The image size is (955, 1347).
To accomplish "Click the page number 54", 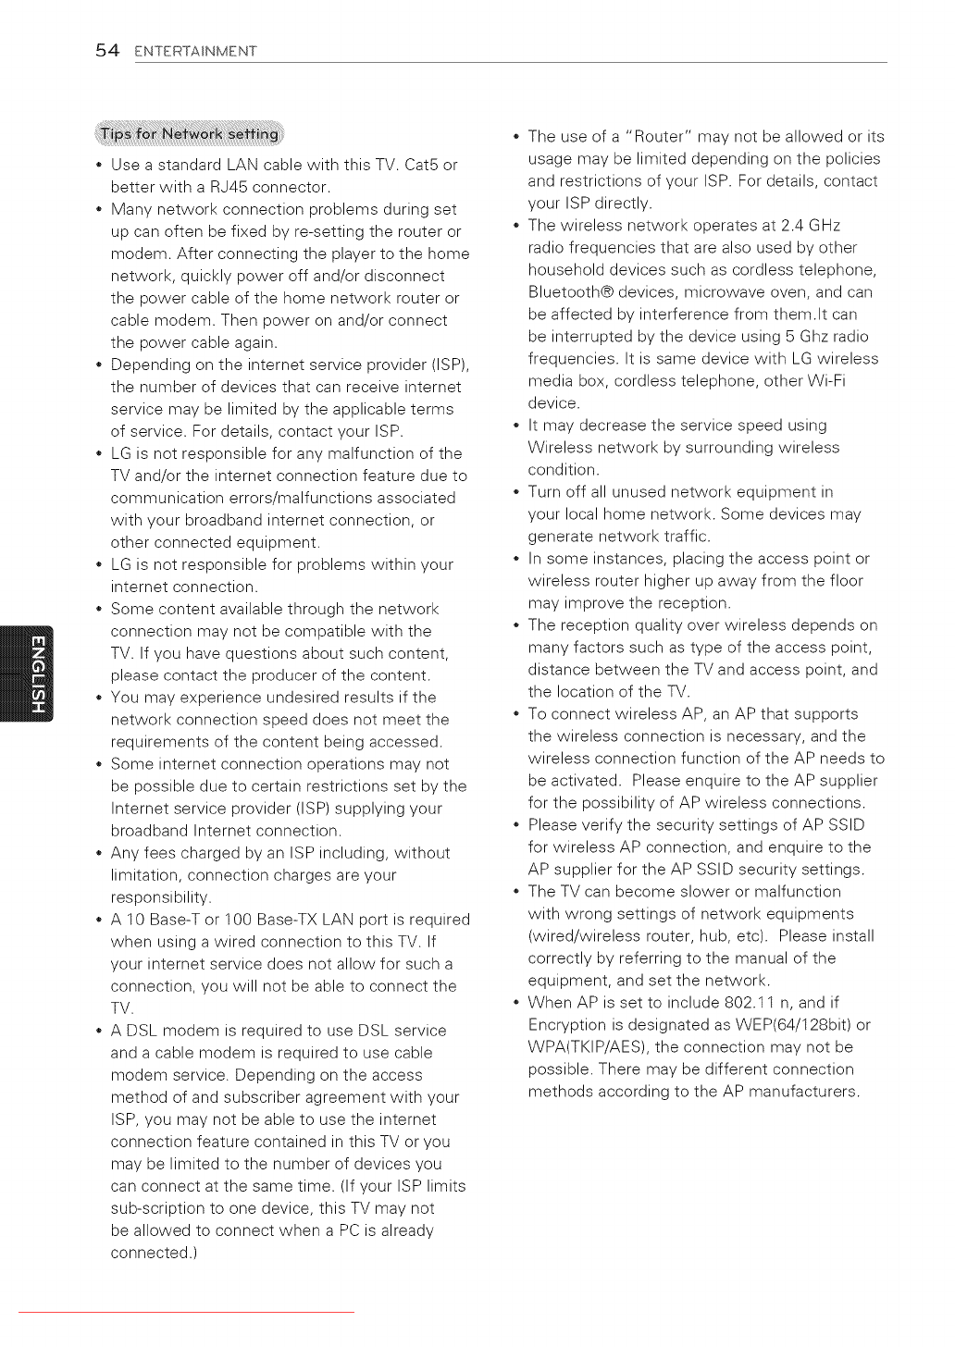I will [x=107, y=50].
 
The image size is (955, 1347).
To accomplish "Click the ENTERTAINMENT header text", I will [x=195, y=52].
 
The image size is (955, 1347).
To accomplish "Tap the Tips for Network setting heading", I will [x=190, y=134].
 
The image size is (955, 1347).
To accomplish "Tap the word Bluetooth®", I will [x=571, y=292].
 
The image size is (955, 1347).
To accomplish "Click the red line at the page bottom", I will [x=186, y=1312].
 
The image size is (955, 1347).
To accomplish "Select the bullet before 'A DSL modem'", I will [x=98, y=1031].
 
